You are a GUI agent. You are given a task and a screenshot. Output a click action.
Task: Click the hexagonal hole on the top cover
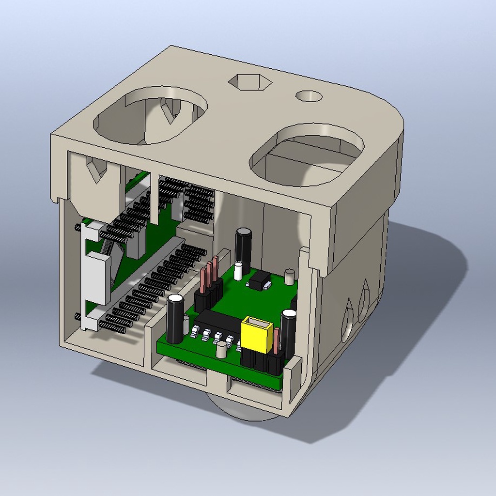pos(249,82)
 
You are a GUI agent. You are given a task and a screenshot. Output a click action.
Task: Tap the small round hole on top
pos(309,96)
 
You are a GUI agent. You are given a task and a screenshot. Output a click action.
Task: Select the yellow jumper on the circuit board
pos(257,334)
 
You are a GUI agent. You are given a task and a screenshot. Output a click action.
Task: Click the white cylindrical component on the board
pos(238,271)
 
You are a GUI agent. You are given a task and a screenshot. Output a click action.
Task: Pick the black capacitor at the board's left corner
pos(175,318)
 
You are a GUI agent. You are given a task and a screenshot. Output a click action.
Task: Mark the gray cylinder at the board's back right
pos(289,277)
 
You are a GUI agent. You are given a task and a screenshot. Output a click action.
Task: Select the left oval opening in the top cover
pos(150,115)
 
